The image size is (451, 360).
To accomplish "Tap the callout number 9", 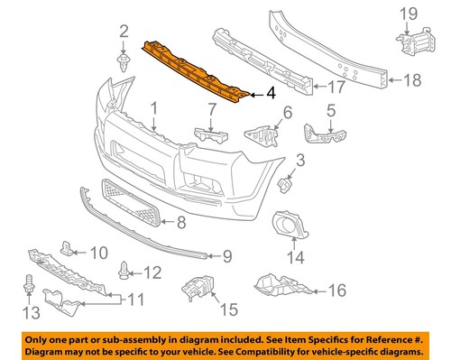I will pyautogui.click(x=227, y=257).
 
